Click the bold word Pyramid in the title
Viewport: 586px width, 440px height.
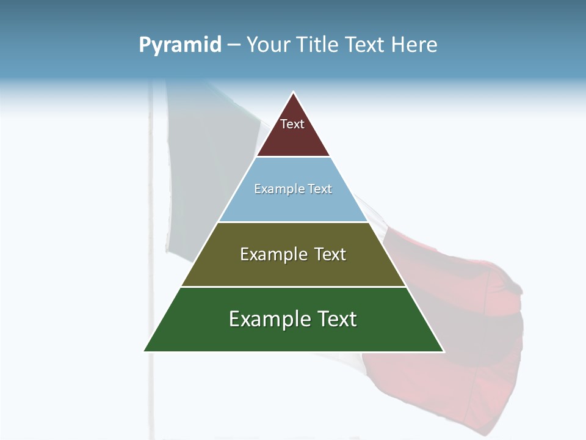point(180,45)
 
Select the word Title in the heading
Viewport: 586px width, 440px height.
point(317,45)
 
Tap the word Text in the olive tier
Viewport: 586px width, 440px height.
point(330,254)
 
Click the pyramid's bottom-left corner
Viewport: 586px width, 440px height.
point(145,351)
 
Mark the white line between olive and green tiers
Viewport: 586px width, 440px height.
point(293,287)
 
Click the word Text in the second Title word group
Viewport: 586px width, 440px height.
point(366,45)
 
